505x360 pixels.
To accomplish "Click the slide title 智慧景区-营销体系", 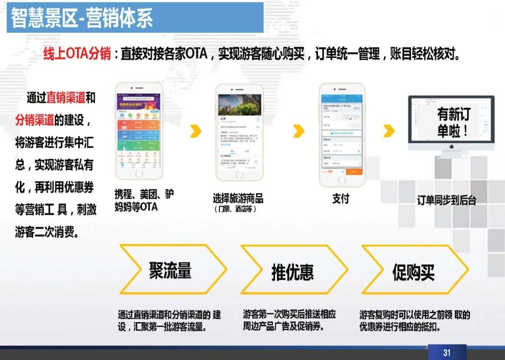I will point(81,19).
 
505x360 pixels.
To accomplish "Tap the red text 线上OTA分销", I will point(77,54).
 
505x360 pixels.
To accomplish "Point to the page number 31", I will point(447,352).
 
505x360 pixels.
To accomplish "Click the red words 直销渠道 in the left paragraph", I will point(66,98).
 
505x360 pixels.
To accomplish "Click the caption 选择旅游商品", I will point(238,199).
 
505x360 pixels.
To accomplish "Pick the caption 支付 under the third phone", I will point(340,199).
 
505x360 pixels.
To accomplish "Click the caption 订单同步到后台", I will point(447,200).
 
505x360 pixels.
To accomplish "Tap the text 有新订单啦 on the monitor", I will point(453,122).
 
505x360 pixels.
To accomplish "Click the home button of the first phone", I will point(139,173).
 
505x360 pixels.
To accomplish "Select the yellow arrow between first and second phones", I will point(196,131).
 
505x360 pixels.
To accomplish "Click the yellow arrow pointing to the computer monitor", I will point(389,131).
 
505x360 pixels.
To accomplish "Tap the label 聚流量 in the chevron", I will point(170,271).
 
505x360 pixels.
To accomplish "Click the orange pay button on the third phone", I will point(354,172).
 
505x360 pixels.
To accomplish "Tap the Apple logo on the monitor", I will point(452,146).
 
